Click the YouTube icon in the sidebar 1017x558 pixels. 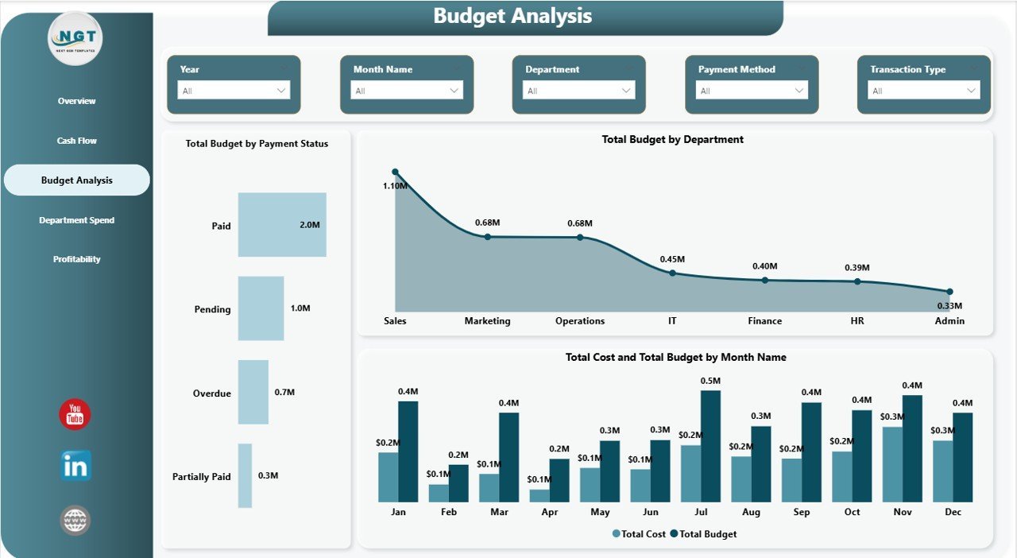(x=75, y=415)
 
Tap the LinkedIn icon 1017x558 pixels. (x=75, y=467)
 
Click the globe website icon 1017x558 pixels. (x=75, y=521)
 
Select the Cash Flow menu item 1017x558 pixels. (x=77, y=141)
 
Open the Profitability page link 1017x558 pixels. (x=77, y=259)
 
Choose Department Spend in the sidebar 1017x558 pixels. (x=77, y=220)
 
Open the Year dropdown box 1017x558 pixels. (x=234, y=91)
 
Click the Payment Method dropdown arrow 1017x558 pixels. (x=799, y=91)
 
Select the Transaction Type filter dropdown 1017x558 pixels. (x=923, y=91)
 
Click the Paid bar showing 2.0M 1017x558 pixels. (x=282, y=225)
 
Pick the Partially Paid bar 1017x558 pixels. (x=245, y=475)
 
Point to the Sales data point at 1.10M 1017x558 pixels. (x=395, y=172)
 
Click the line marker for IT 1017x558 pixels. (x=672, y=273)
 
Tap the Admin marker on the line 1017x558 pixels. (x=949, y=292)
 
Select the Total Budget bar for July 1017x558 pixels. (x=710, y=446)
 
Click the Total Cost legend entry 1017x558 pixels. (x=640, y=534)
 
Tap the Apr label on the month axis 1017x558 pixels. (x=550, y=512)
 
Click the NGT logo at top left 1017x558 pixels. (x=75, y=38)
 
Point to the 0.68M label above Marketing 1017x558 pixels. (x=487, y=223)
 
